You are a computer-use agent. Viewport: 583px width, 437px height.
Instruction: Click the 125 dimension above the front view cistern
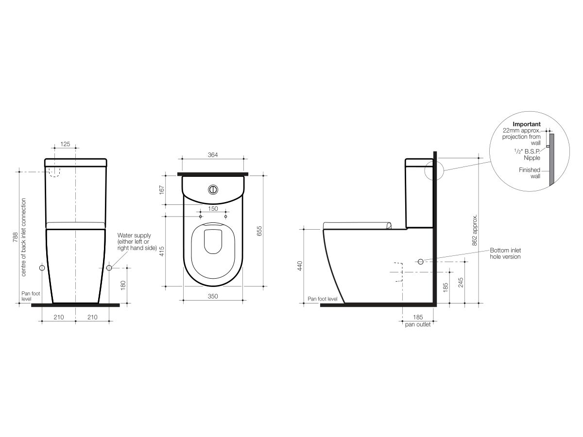tap(66, 144)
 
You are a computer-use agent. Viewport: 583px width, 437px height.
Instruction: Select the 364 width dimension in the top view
tap(212, 155)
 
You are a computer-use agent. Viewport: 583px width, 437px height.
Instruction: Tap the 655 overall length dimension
tap(259, 231)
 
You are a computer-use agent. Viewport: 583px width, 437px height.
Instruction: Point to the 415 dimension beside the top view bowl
tap(162, 251)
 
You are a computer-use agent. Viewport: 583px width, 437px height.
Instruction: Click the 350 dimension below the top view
tap(212, 296)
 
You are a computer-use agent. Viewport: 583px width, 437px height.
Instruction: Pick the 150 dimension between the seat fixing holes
tap(212, 208)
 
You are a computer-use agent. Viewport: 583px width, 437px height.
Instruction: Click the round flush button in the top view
tap(212, 189)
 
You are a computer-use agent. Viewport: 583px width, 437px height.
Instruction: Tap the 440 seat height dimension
tap(300, 266)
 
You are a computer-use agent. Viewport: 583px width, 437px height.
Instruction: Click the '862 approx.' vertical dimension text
tap(475, 231)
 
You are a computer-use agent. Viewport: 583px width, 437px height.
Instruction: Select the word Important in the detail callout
tap(526, 124)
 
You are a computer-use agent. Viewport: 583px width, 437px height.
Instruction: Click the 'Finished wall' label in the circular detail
tap(529, 173)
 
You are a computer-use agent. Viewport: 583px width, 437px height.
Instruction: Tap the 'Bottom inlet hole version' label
tap(505, 253)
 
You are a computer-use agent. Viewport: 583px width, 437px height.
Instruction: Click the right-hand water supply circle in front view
tap(109, 268)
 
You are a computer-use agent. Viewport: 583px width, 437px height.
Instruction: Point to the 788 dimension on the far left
tap(15, 237)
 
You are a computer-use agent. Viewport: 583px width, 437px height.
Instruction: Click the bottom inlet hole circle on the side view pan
tap(420, 261)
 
